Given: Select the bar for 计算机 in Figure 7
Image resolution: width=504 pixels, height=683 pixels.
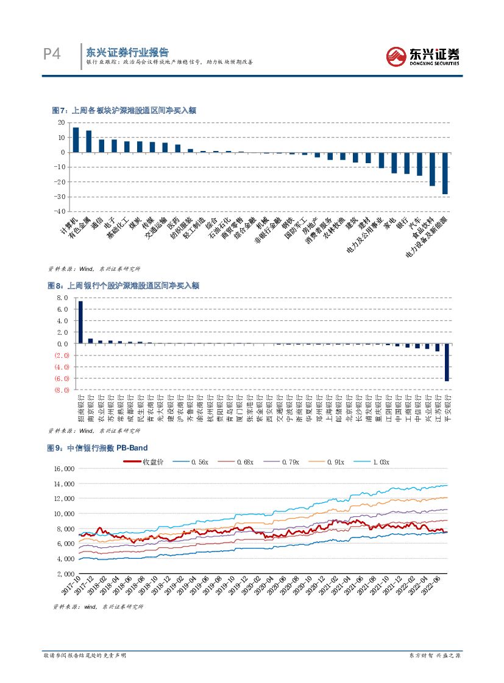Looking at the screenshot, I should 76,139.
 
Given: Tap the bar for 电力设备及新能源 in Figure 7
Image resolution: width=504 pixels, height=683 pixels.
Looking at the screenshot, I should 445,173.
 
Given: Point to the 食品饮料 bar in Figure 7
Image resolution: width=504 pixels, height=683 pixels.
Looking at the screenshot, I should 432,169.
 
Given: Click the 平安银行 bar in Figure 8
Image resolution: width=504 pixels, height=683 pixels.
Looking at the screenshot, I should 447,362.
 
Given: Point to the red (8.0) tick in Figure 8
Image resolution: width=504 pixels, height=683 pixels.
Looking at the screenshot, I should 62,390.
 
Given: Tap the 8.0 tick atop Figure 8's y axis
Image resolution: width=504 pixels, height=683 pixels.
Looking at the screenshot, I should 62,298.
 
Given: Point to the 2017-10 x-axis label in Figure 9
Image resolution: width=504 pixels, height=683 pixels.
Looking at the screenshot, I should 72,587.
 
